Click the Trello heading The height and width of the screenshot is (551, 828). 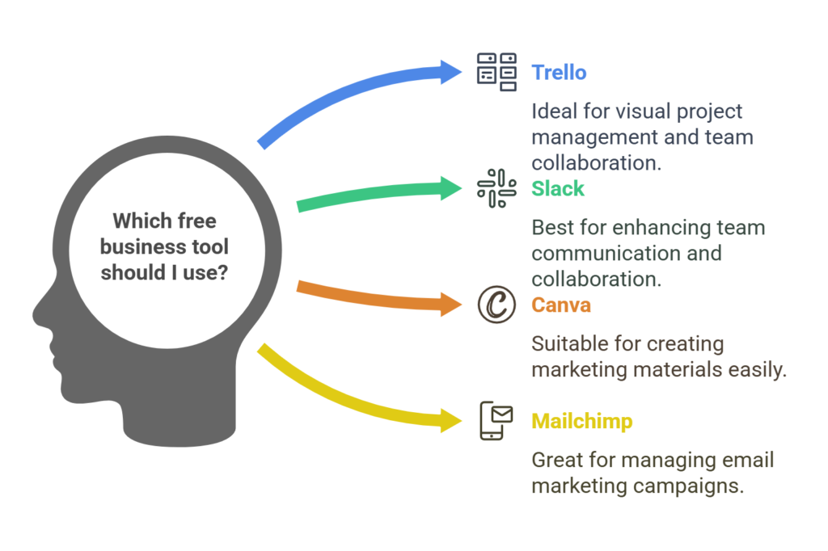pyautogui.click(x=559, y=73)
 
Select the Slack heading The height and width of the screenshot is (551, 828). pyautogui.click(x=558, y=189)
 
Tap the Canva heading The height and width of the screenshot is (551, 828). pyautogui.click(x=561, y=305)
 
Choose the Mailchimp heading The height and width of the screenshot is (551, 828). pyautogui.click(x=582, y=422)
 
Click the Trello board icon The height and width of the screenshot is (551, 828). pyautogui.click(x=496, y=72)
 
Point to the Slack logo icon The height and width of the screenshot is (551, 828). pyautogui.click(x=496, y=188)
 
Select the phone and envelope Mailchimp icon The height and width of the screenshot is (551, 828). pyautogui.click(x=496, y=421)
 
